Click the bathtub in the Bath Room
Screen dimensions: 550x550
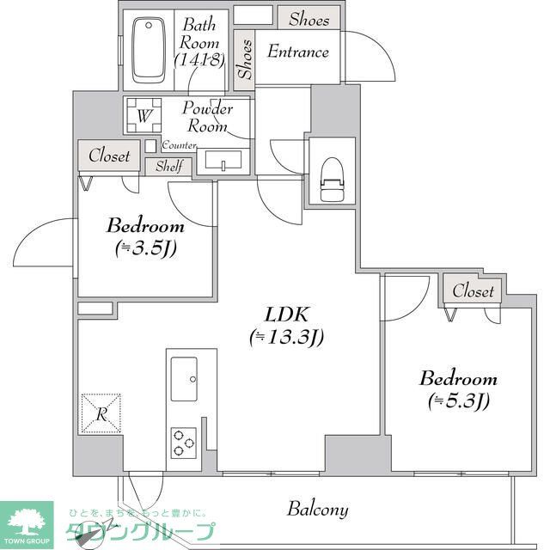tap(150, 51)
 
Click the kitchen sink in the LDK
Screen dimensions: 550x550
tap(183, 379)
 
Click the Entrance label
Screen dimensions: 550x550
tap(298, 52)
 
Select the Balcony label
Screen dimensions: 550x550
tap(318, 510)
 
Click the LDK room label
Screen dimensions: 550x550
tap(286, 313)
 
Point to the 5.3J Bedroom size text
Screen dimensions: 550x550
tap(458, 400)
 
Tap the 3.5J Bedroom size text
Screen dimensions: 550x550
tap(145, 249)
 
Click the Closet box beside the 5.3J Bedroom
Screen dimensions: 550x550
tap(473, 291)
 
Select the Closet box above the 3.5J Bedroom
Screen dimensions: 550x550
tap(109, 156)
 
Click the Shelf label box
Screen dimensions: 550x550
tap(168, 167)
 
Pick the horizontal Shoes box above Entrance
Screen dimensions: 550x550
tap(309, 19)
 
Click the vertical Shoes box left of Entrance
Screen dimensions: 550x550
tap(246, 59)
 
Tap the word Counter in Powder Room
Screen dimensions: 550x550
tap(179, 145)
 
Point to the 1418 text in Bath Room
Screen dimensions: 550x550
tap(199, 60)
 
